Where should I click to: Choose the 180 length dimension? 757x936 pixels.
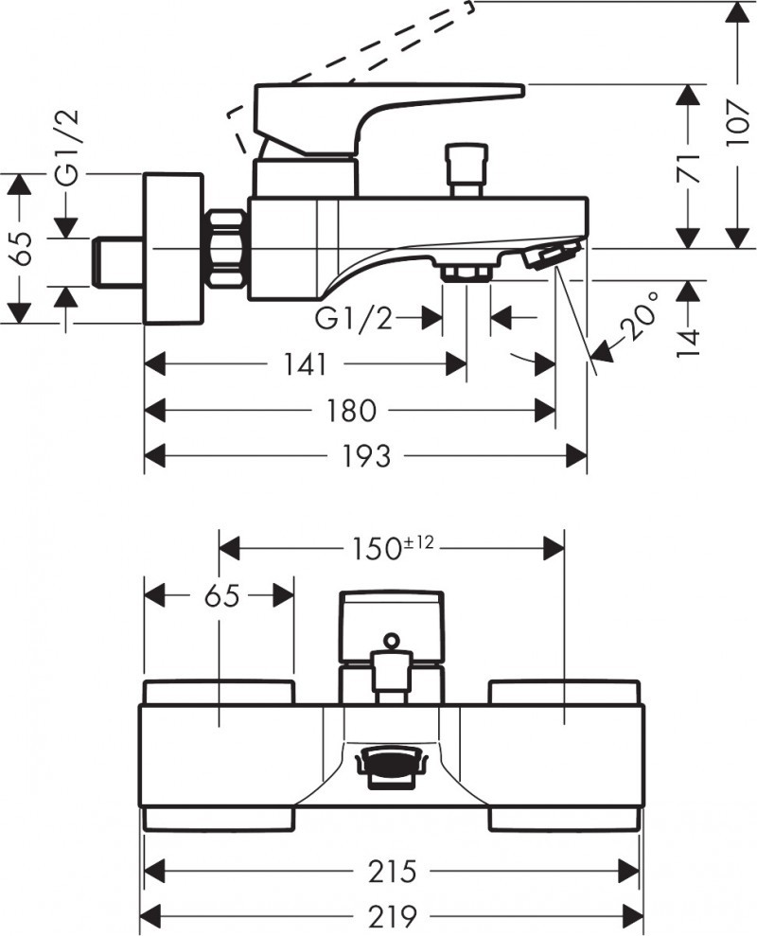[351, 411]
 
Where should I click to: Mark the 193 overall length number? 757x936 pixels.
[365, 457]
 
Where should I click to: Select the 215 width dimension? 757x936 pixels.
[390, 869]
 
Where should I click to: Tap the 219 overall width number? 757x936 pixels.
[391, 915]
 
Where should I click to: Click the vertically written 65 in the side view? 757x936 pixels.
[23, 248]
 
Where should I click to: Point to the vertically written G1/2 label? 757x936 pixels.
[66, 148]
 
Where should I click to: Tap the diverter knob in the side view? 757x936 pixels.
[467, 167]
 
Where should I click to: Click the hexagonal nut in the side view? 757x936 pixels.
[228, 248]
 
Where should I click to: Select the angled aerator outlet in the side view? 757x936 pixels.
[552, 255]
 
